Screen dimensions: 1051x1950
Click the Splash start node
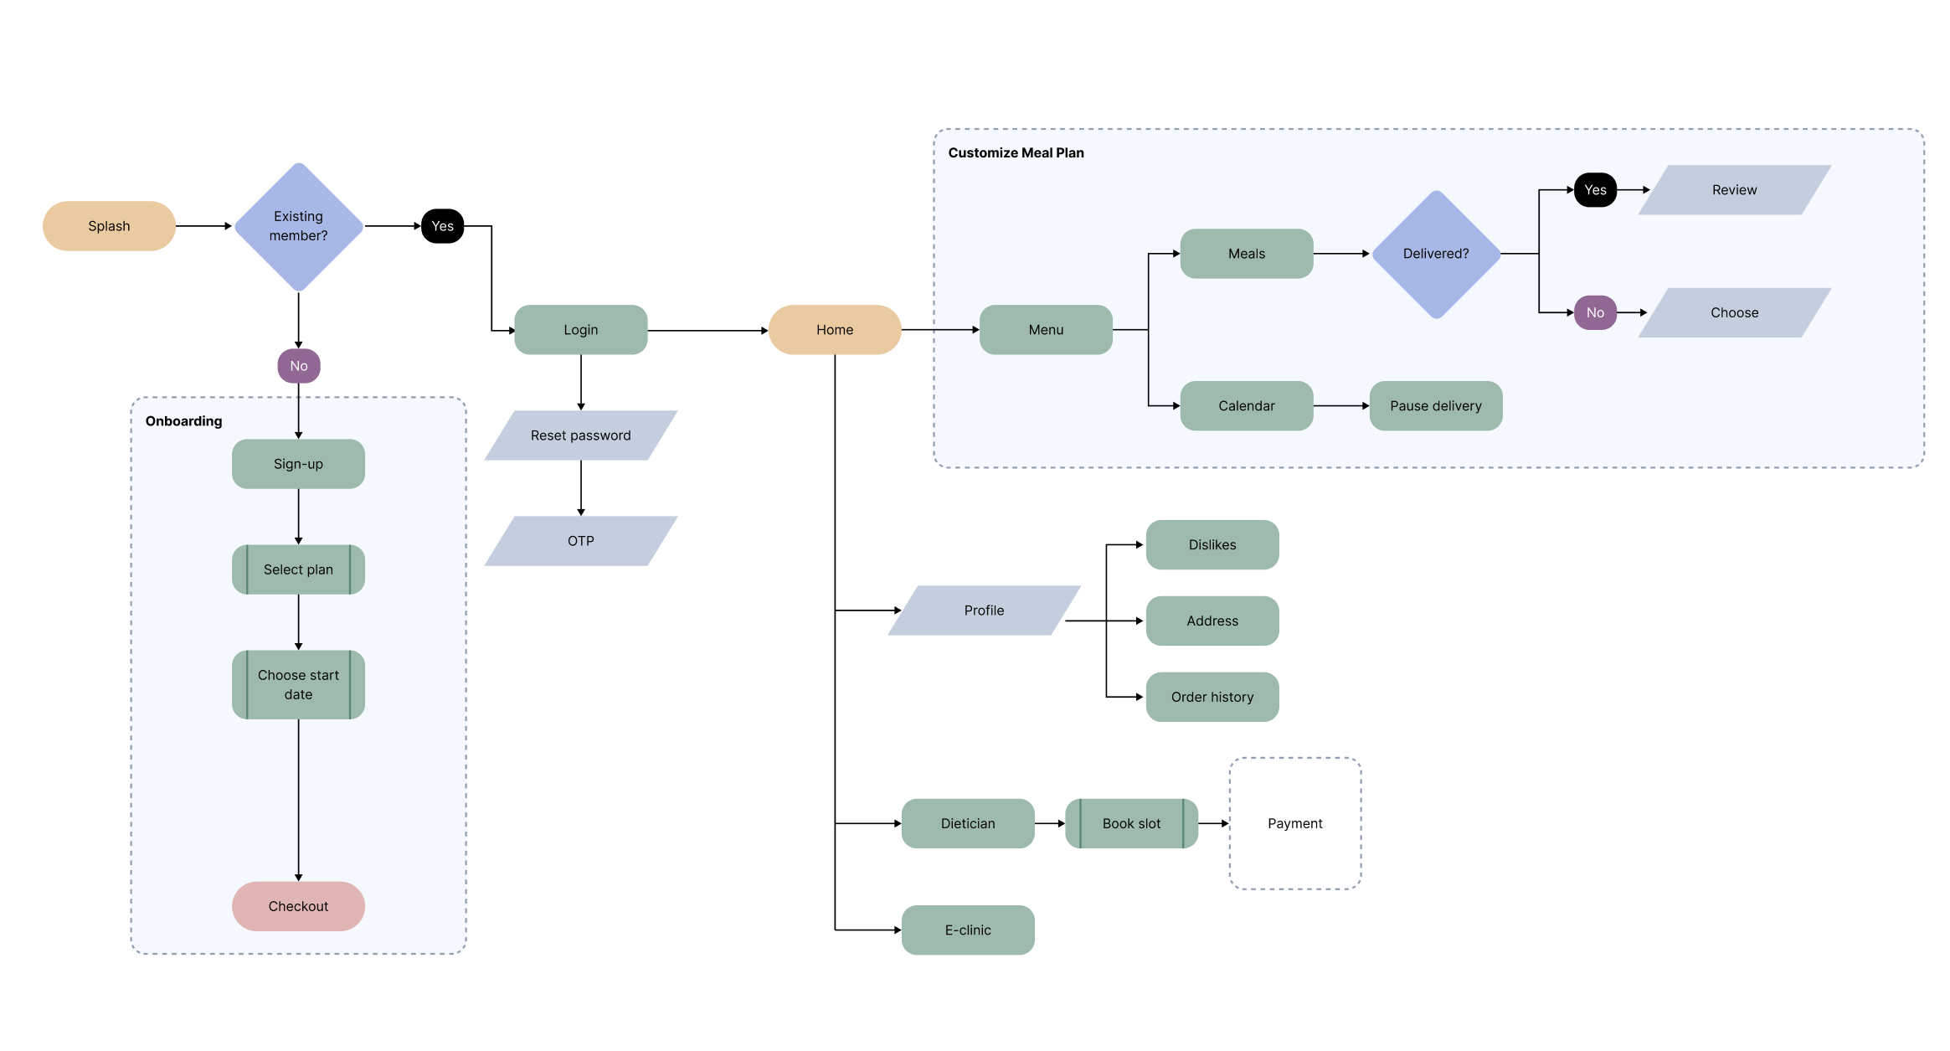109,226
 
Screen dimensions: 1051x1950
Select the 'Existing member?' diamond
298,226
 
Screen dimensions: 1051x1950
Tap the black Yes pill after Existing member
442,226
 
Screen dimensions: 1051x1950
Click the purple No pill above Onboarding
299,366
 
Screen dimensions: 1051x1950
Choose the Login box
580,330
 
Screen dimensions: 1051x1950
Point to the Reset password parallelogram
580,435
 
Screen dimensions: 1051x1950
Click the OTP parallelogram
580,541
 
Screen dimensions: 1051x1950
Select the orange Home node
835,330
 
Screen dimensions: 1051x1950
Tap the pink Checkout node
298,906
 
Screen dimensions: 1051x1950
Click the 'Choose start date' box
298,684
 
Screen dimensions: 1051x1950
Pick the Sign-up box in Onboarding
298,464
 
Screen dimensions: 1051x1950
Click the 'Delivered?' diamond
1436,254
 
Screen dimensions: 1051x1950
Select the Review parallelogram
1734,190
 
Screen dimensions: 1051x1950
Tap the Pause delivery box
1435,406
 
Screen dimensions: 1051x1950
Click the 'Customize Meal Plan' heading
1016,153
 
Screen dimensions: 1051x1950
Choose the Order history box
1212,697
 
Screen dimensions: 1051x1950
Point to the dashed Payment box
1294,824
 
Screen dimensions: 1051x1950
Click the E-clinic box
968,930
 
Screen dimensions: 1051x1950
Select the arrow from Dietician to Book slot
1049,824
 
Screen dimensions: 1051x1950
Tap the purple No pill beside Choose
1595,312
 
